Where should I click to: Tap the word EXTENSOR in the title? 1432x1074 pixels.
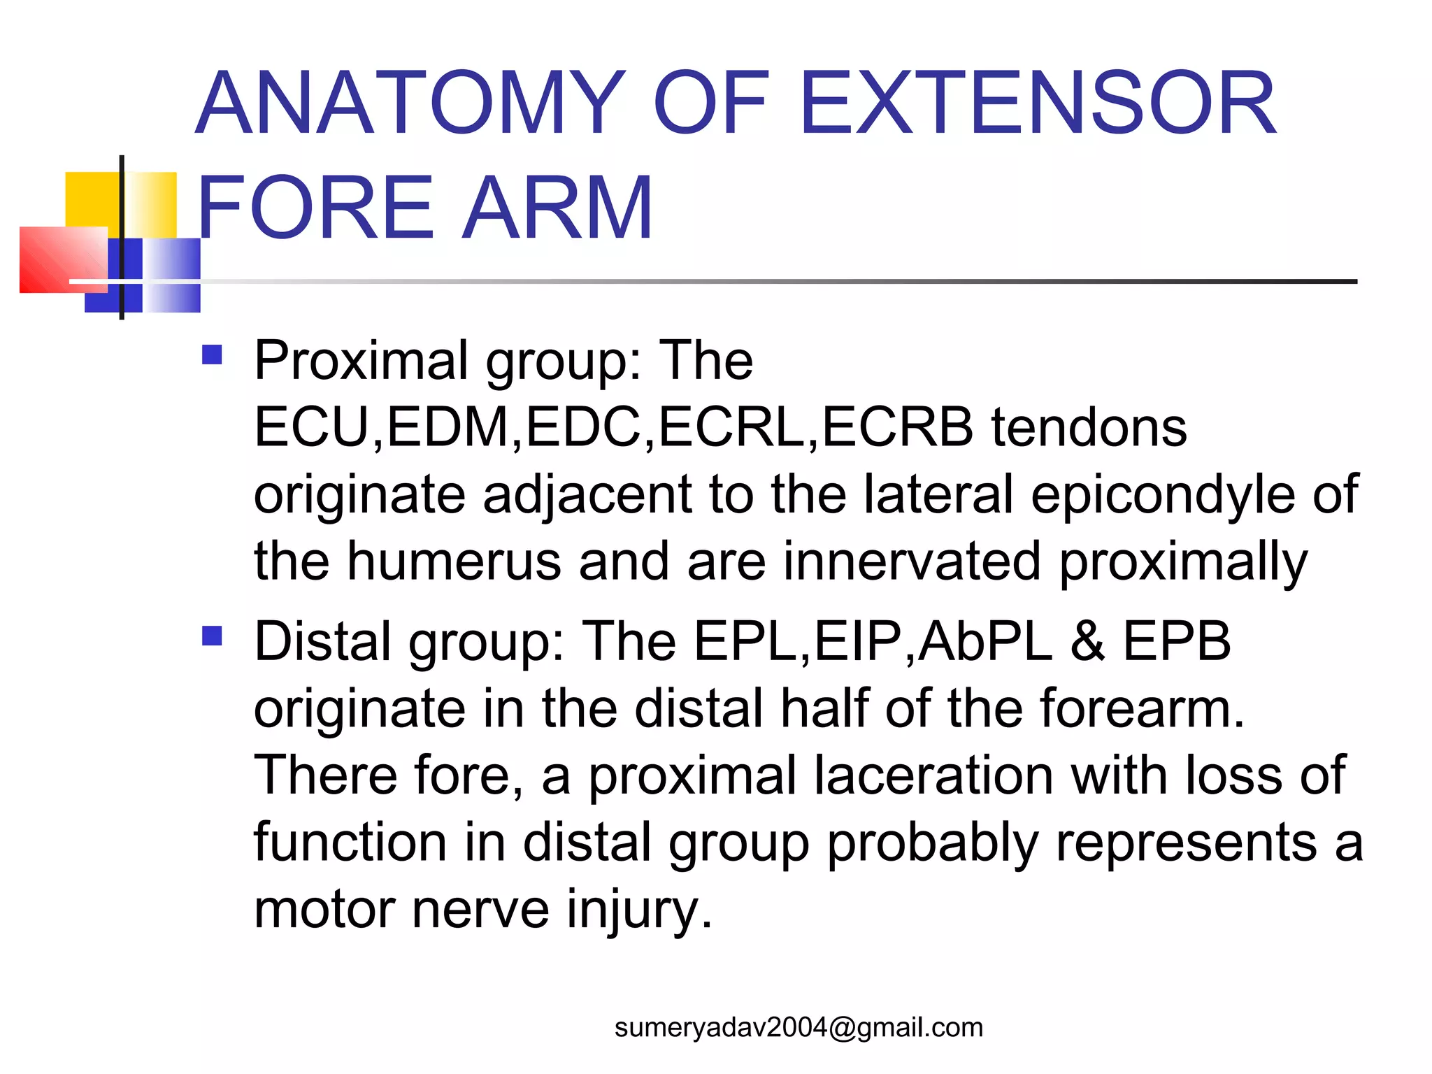coord(1038,103)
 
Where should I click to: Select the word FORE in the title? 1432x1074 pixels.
coord(315,208)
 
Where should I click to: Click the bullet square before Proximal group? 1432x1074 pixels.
coord(212,355)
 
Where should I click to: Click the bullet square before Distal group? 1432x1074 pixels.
coord(212,636)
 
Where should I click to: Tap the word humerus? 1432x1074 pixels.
coord(454,561)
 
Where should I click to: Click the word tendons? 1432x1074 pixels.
coord(1089,427)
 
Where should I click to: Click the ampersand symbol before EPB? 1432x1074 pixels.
coord(1088,641)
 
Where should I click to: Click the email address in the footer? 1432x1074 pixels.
coord(799,1027)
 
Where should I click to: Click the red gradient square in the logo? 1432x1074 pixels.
coord(63,259)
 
